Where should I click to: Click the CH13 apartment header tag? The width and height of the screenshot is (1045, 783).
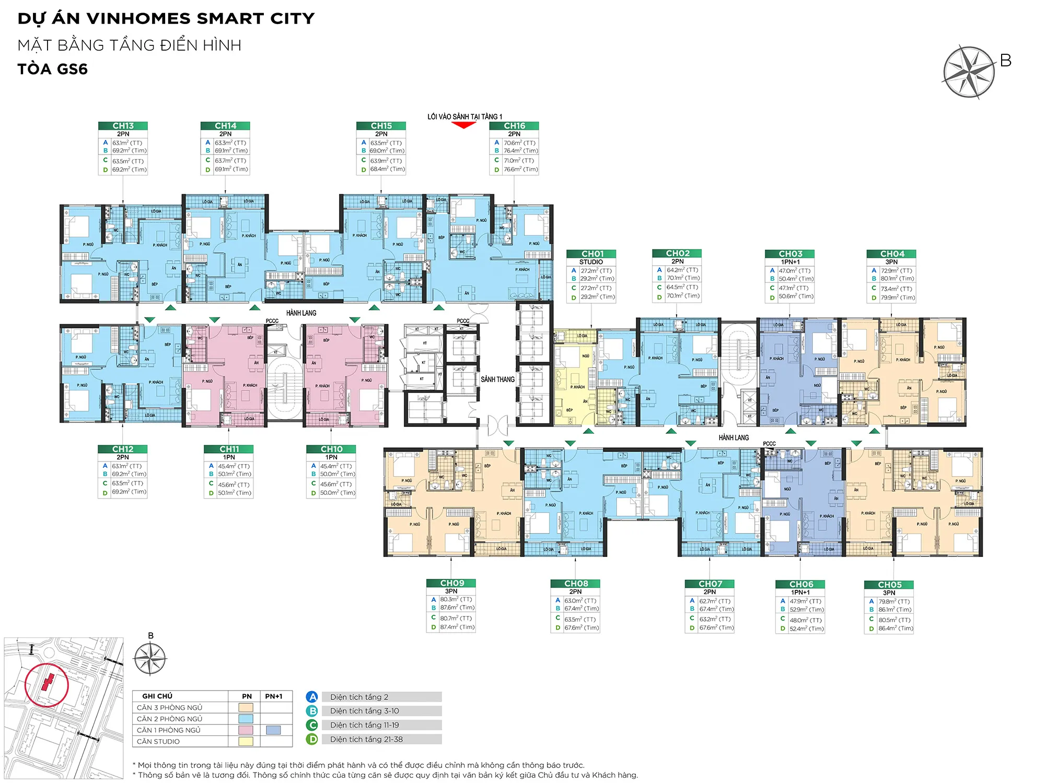123,126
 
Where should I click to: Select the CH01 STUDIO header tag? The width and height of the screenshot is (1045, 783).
591,254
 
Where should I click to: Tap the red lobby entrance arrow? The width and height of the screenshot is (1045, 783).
463,125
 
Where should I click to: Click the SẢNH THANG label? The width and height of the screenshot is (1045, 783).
497,379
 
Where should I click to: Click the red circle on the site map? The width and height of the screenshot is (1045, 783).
47,684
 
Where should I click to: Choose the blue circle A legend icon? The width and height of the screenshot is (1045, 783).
312,697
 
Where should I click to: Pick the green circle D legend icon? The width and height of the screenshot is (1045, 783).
312,739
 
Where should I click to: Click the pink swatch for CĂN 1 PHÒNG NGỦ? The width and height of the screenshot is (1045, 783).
246,730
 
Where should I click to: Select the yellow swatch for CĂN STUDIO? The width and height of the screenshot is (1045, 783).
246,741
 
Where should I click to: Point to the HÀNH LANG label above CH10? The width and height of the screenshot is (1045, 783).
301,313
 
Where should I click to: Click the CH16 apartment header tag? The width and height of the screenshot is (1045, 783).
514,126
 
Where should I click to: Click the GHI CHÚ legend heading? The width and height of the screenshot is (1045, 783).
157,696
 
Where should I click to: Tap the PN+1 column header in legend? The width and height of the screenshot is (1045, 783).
273,696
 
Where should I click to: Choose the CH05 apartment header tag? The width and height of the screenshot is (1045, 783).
889,585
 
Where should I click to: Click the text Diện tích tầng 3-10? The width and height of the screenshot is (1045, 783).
364,711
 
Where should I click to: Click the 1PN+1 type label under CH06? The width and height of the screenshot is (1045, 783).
800,592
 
